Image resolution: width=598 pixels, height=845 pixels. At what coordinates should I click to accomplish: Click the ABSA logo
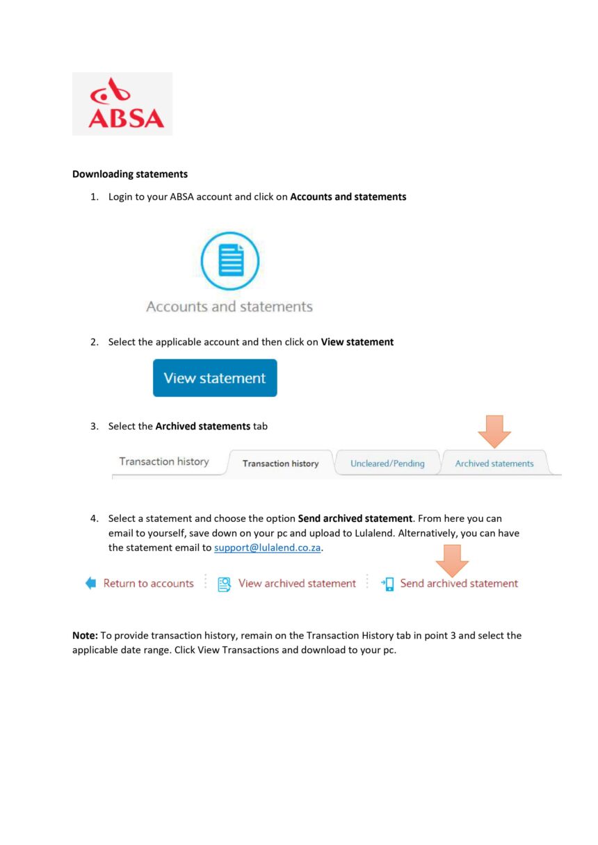point(122,104)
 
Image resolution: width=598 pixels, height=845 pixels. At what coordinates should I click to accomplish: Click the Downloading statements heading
point(130,174)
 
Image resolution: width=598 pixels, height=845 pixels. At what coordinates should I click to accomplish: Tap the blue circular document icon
point(229,261)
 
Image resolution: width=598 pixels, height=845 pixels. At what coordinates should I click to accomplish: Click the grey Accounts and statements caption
point(229,306)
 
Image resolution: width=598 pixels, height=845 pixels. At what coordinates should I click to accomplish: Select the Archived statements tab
point(494,463)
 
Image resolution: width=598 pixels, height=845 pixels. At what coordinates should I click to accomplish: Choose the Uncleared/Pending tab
point(387,463)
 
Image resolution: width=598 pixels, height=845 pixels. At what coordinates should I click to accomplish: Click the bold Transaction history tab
point(280,463)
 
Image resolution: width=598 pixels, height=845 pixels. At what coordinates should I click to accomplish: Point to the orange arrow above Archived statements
point(494,431)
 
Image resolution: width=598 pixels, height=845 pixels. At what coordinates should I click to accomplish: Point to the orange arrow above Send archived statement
point(452,559)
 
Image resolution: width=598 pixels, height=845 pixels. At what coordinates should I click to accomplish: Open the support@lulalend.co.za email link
point(268,548)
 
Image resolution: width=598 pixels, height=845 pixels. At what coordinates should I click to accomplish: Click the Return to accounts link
point(148,584)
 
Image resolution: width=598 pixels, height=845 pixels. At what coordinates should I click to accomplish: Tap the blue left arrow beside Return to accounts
point(91,584)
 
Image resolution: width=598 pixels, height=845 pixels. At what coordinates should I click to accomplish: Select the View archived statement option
point(297,584)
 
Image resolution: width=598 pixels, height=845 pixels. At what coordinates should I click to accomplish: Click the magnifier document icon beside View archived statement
point(225,584)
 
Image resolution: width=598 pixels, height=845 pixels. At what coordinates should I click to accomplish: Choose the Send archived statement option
point(459,584)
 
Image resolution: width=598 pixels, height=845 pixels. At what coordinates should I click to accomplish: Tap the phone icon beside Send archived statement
point(388,584)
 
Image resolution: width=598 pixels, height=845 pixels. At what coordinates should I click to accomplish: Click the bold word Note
point(85,636)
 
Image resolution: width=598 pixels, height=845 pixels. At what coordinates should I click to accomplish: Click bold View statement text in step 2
point(357,342)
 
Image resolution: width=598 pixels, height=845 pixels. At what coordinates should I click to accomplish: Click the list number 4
point(94,518)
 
